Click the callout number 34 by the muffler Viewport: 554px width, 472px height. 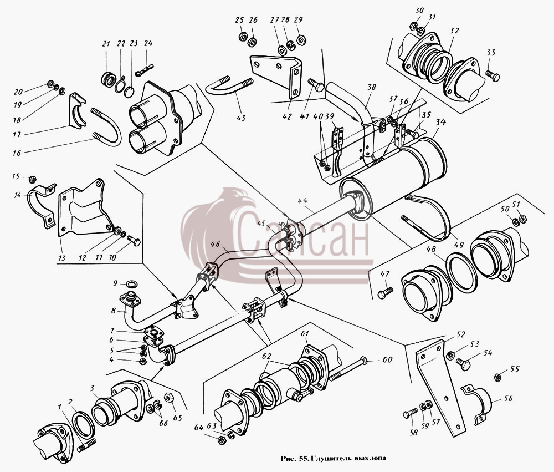point(440,123)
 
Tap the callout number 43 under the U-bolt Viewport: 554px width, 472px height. point(241,118)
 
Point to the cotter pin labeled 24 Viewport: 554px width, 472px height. point(144,70)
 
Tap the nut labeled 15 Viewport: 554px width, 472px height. point(32,179)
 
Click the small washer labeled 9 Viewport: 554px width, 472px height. point(132,284)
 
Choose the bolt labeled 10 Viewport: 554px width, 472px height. point(133,241)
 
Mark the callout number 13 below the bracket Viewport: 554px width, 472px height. point(62,258)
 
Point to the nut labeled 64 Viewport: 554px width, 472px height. point(222,440)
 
